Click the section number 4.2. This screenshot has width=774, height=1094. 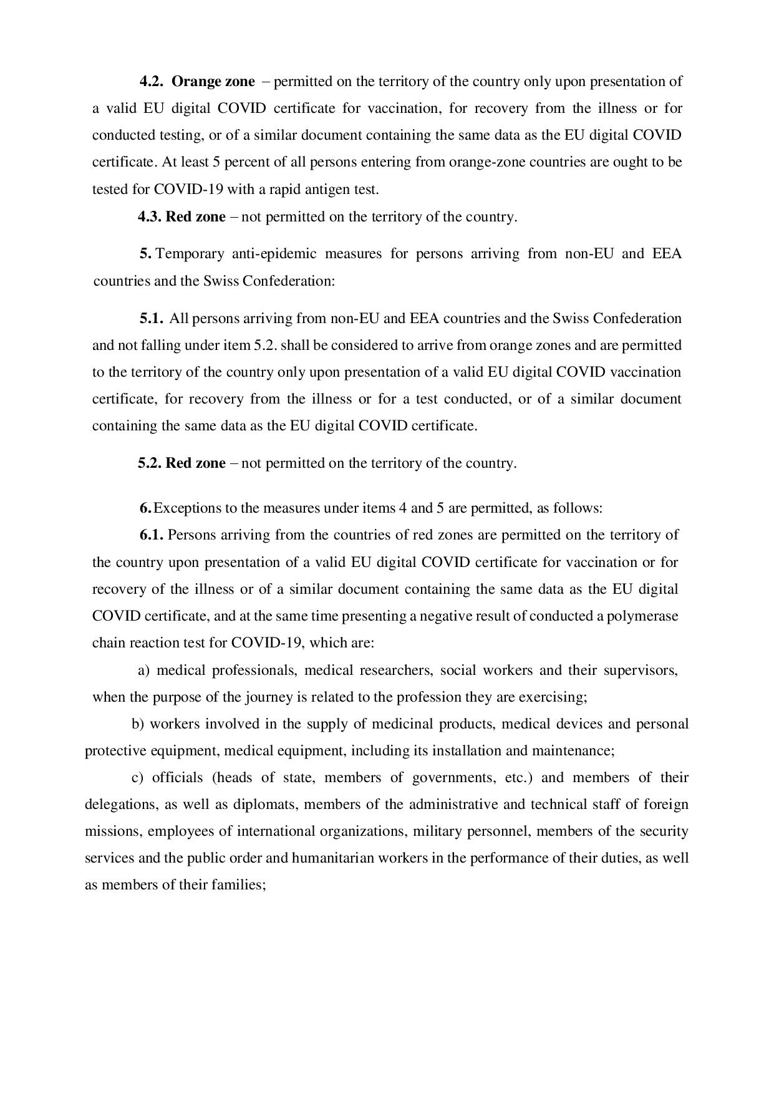pos(151,82)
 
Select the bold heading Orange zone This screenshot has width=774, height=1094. pos(213,82)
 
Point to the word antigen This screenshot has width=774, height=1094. pos(319,189)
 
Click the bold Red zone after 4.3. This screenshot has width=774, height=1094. pos(196,217)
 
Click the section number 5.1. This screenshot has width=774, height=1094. pos(152,319)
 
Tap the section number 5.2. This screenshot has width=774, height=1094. pos(150,463)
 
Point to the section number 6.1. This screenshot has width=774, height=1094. pos(152,535)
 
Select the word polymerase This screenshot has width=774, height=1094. pos(646,616)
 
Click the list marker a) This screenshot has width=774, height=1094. pos(143,670)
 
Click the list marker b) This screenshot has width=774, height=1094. pos(138,724)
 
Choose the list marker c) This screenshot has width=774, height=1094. pos(138,778)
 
